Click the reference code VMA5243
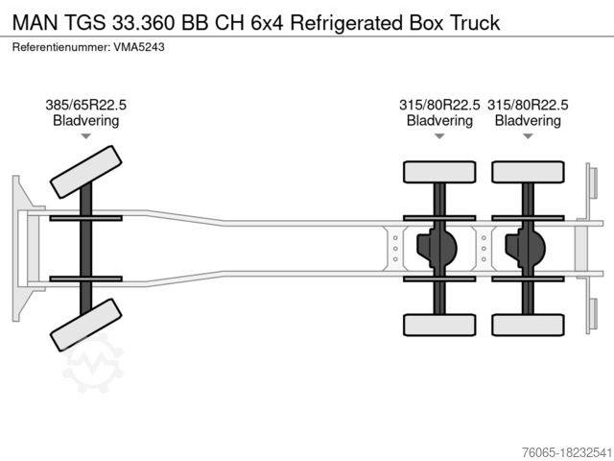pos(141,46)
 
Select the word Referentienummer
pos(62,46)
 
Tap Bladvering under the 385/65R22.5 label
pos(86,121)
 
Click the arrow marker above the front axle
pos(86,136)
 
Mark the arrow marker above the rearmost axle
pos(528,136)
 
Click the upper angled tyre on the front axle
pos(85,170)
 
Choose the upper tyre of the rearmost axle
pos(528,172)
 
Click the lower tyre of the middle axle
pos(439,325)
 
